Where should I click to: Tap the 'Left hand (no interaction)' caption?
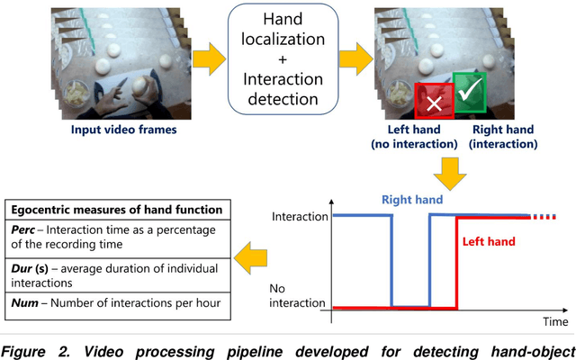(412, 136)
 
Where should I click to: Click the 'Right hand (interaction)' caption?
(503, 136)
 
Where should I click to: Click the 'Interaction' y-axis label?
(295, 217)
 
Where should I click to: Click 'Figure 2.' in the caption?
(35, 348)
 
